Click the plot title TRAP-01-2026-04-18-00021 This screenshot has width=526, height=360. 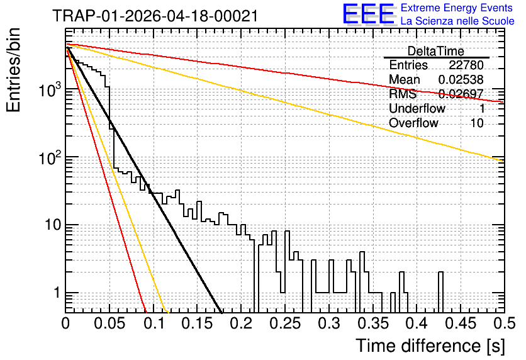[155, 16]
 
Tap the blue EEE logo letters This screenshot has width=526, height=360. [368, 14]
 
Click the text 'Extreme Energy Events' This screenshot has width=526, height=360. [457, 8]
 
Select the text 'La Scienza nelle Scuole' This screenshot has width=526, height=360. [457, 21]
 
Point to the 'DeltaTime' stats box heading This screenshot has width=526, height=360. [435, 51]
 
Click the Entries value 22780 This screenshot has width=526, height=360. [466, 65]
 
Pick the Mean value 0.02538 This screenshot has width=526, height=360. [461, 79]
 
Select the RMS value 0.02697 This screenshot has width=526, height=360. [461, 94]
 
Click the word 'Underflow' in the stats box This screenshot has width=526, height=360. [417, 108]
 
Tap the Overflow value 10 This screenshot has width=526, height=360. [477, 123]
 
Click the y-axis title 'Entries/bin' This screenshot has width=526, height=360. [13, 70]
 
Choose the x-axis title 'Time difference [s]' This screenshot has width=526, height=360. [430, 346]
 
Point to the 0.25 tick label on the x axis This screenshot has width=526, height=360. [285, 323]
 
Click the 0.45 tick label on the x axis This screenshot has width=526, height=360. [461, 323]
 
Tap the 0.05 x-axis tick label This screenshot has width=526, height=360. [109, 323]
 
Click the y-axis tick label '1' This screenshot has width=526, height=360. [57, 293]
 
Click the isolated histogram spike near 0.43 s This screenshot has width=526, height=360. [440, 292]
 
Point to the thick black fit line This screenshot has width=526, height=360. [144, 181]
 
